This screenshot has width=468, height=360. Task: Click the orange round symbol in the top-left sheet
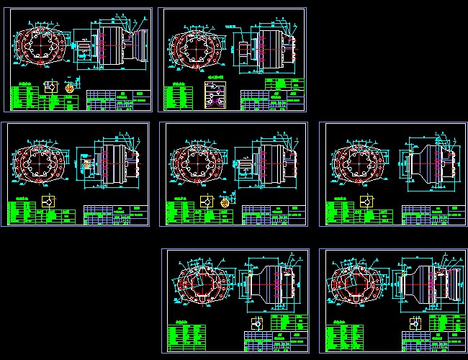click(x=70, y=86)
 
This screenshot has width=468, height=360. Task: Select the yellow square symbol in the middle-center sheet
click(x=207, y=202)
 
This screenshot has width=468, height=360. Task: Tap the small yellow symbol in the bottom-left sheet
click(x=256, y=322)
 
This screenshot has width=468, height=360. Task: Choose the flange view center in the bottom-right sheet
click(x=360, y=288)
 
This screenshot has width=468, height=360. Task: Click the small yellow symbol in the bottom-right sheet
click(x=413, y=323)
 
